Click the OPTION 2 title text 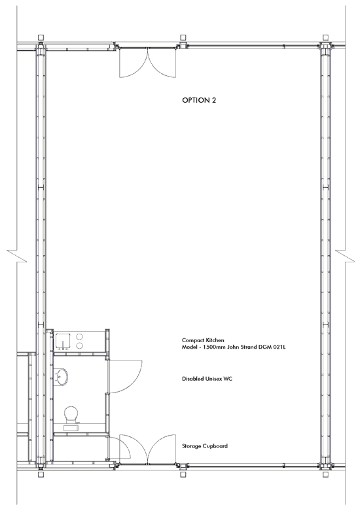[x=199, y=100]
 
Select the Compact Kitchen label [x=203, y=340]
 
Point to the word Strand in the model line [x=249, y=347]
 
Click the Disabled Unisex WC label [x=207, y=379]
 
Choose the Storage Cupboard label [x=205, y=446]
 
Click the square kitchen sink [x=63, y=342]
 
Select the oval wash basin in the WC [x=62, y=377]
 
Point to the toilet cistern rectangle [x=71, y=428]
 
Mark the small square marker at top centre [x=183, y=38]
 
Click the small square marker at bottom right [x=325, y=474]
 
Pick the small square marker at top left [x=41, y=38]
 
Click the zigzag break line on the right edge [x=345, y=256]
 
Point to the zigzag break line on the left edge [x=17, y=256]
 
